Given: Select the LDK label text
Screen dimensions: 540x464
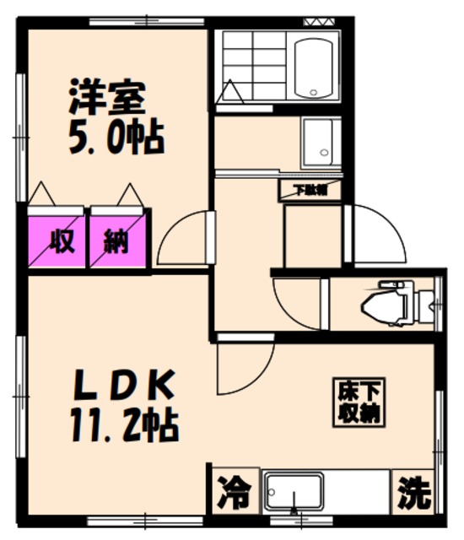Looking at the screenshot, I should point(123,388).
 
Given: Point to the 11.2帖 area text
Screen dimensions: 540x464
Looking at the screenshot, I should point(123,424).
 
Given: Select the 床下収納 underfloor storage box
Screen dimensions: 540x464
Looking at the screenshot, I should point(358,402).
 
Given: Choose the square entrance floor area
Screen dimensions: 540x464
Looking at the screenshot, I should point(312,236).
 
